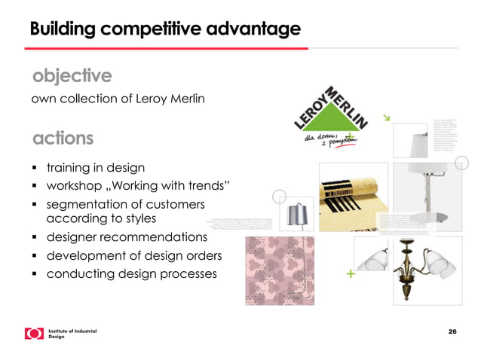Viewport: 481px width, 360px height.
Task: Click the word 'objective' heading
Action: click(x=72, y=76)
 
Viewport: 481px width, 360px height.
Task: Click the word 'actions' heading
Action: click(x=63, y=139)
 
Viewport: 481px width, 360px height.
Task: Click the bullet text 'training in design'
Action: click(x=96, y=167)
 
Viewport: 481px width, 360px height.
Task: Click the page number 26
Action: click(x=452, y=332)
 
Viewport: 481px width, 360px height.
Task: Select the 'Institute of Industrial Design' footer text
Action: click(x=72, y=334)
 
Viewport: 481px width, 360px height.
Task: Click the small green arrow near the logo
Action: click(x=387, y=117)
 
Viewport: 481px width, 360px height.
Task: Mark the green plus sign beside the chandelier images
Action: click(x=350, y=274)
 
